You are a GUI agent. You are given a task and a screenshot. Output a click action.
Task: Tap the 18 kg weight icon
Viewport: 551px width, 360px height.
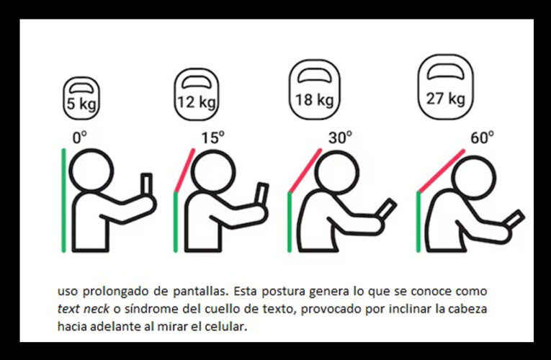click(314, 89)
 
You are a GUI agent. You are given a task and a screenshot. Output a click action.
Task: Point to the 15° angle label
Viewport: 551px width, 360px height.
click(212, 137)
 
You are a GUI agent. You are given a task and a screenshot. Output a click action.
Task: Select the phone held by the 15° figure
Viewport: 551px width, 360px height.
click(261, 194)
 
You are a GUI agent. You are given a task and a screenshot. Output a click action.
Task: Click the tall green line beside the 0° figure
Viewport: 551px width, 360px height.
click(63, 200)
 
